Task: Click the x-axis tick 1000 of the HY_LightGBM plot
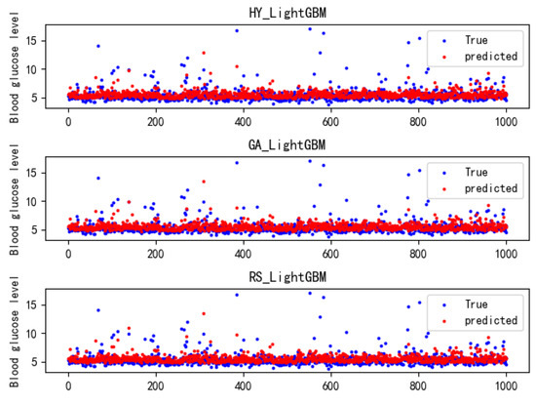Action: tap(506, 124)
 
